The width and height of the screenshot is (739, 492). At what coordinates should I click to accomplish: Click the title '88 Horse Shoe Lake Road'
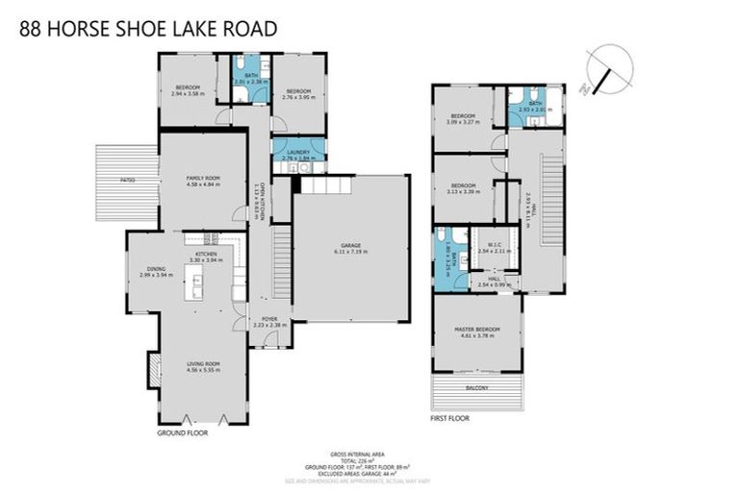pos(148,29)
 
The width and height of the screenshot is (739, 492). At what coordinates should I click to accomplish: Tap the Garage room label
pos(350,248)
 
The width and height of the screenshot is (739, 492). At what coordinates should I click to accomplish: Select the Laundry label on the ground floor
pos(298,154)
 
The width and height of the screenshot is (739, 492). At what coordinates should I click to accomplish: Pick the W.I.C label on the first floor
pos(497,247)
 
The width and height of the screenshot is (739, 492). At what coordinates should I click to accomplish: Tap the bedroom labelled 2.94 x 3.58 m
pos(187,90)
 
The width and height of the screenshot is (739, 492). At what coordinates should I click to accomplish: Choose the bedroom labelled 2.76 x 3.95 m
pos(298,94)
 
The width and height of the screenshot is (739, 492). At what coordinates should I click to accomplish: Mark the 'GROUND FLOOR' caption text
pos(182,433)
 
